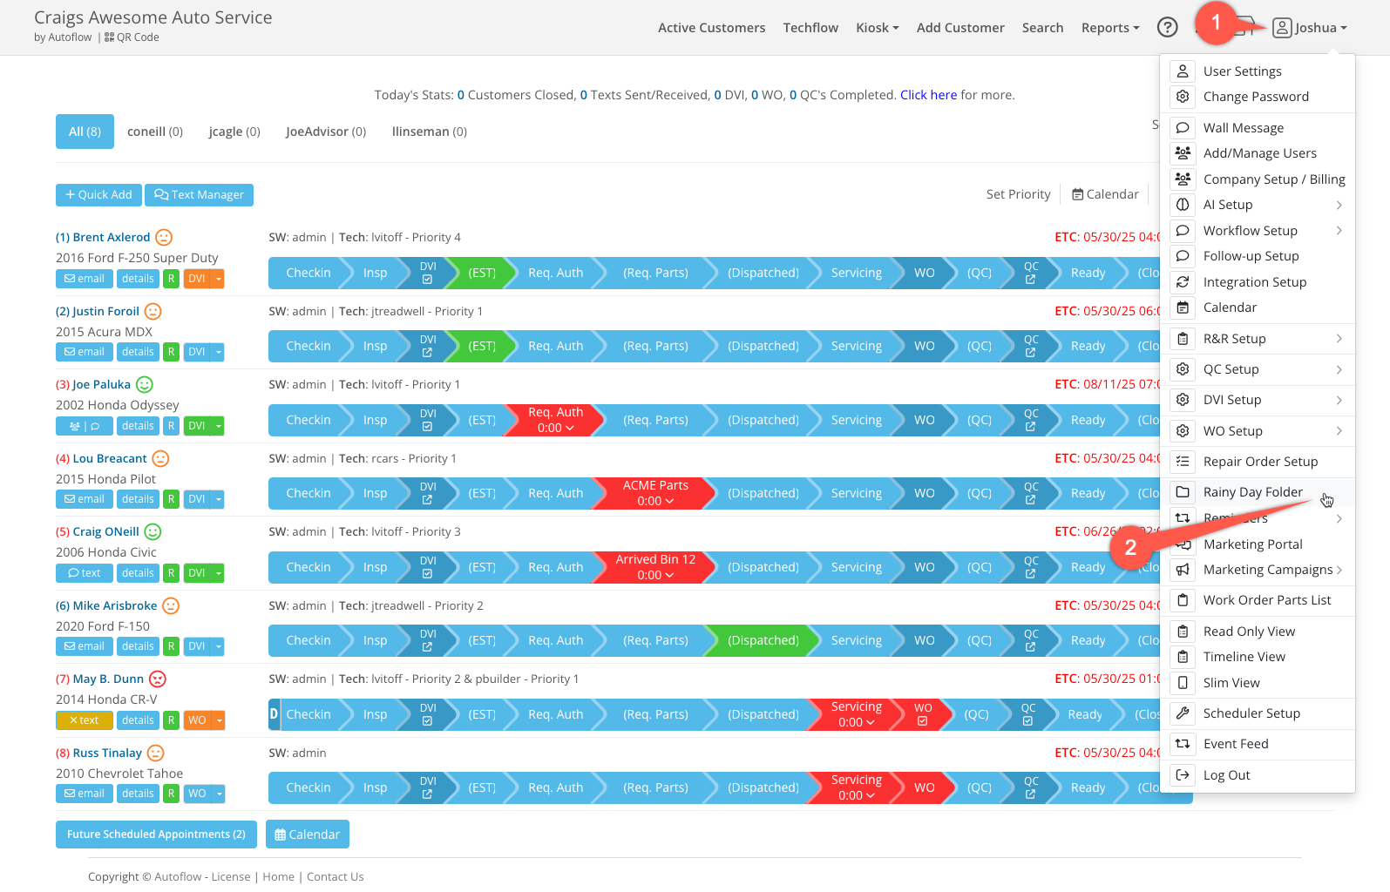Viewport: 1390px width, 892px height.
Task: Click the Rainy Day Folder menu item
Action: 1252,492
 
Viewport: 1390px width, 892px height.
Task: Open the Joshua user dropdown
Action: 1310,28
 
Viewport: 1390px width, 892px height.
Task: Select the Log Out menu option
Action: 1226,775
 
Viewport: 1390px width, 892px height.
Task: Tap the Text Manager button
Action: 200,195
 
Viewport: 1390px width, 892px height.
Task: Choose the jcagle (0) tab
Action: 234,132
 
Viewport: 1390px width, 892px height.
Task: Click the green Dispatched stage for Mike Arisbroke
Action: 763,640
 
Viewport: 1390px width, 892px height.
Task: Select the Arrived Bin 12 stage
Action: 655,567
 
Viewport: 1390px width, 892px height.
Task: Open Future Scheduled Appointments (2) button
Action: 156,835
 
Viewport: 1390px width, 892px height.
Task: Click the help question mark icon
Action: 1167,28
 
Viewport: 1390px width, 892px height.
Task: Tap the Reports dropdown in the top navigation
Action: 1109,28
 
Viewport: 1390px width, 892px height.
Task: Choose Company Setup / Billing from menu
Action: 1273,179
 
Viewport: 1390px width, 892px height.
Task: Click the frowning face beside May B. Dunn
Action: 158,679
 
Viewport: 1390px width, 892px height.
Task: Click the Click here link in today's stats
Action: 928,95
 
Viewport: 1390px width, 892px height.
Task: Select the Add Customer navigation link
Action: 960,28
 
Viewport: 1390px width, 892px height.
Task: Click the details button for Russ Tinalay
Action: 138,794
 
